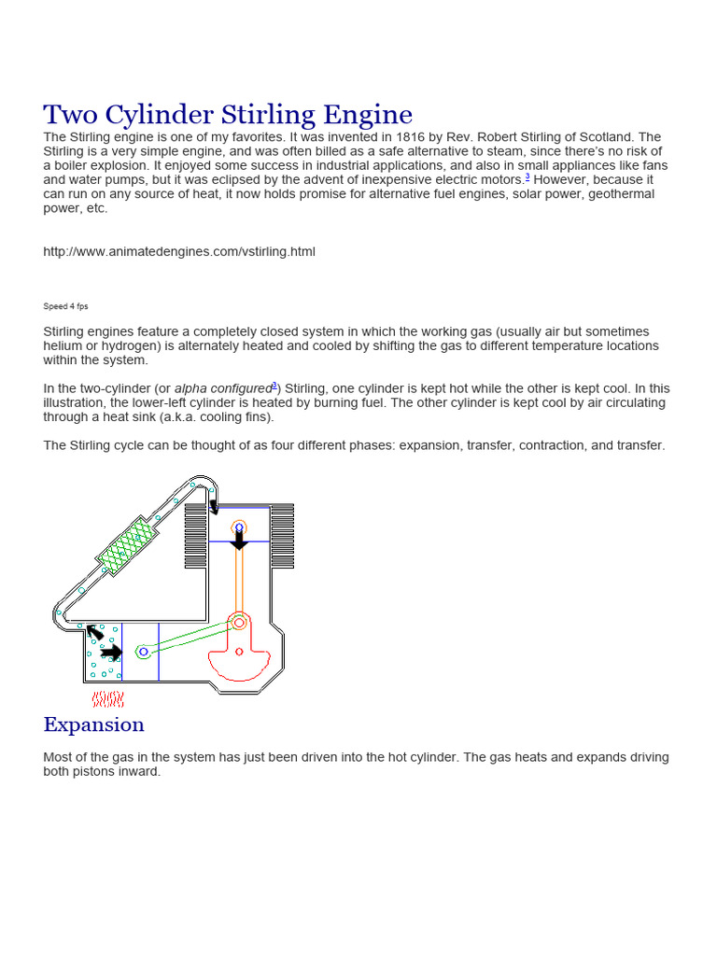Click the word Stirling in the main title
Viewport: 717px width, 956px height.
(272, 115)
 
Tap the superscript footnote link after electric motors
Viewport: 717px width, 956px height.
(527, 176)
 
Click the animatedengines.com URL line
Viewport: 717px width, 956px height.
(179, 251)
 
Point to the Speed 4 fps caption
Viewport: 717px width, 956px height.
(65, 306)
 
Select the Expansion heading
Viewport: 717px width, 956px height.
(93, 724)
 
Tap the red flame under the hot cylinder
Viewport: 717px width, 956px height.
(108, 699)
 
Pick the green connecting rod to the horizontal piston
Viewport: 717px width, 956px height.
(187, 638)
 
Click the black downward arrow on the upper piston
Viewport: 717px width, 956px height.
(239, 540)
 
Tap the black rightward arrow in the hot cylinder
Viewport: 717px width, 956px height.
(111, 652)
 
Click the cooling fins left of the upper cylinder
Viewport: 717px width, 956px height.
(196, 536)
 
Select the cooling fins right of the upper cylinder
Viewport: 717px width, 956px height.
(282, 536)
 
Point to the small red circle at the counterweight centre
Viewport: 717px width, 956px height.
(239, 652)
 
